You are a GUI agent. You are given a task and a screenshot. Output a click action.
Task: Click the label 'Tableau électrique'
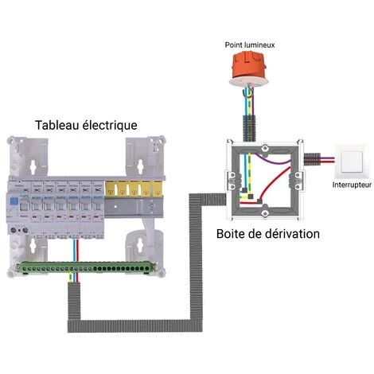click(85, 126)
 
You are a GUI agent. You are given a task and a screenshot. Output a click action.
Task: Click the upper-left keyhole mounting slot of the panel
click(33, 165)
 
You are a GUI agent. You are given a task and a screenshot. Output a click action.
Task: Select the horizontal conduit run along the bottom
click(135, 329)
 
